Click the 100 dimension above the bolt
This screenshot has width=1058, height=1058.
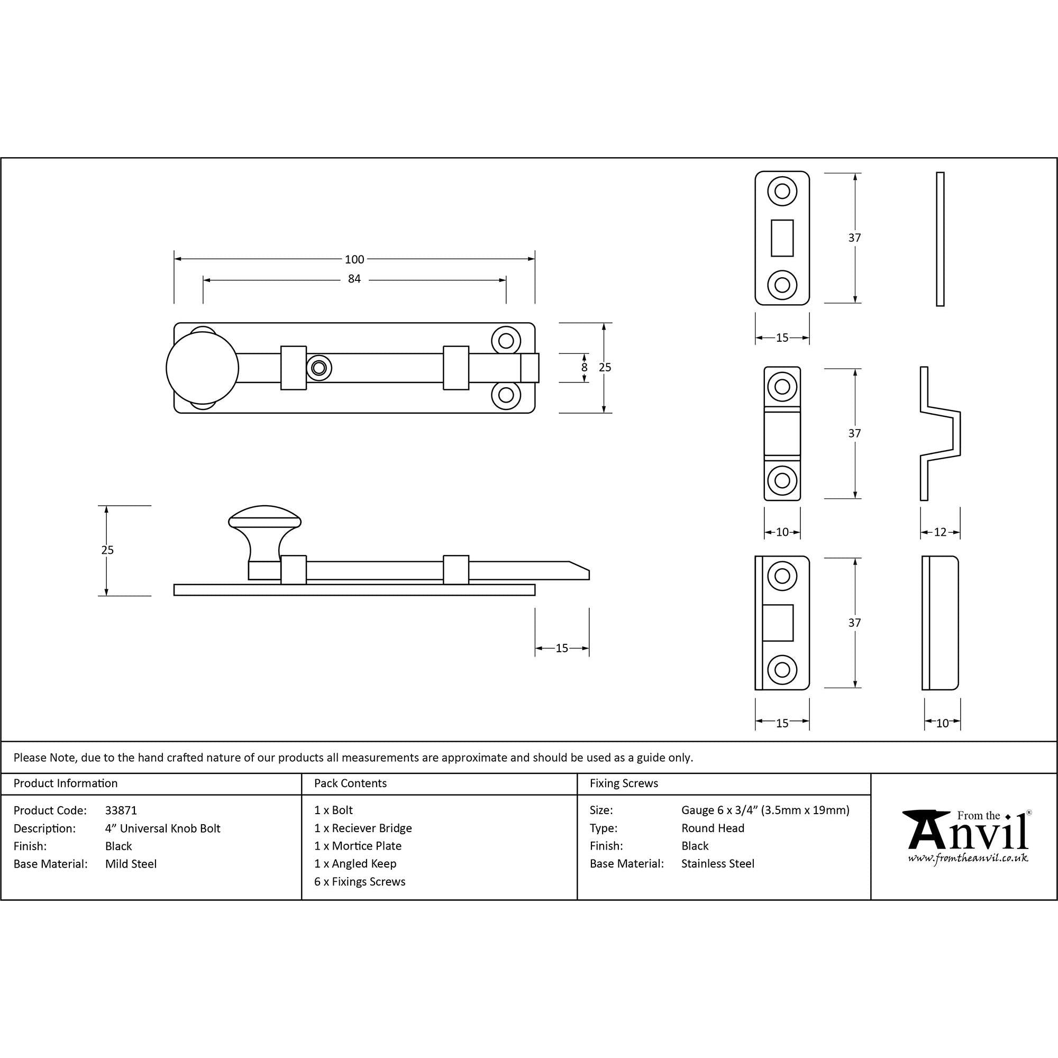coord(354,259)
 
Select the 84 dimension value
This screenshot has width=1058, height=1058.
coord(354,279)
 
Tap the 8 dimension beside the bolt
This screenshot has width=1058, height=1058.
coord(585,368)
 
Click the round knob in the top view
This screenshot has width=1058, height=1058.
coord(202,368)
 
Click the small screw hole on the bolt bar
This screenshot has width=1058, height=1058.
coord(318,368)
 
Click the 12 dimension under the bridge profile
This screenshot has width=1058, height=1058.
coord(940,532)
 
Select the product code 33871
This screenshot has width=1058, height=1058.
coord(121,810)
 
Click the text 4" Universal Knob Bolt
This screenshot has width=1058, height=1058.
coord(162,828)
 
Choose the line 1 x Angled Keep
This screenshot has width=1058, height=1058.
coord(355,864)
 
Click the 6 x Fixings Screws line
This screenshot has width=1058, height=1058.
coord(359,882)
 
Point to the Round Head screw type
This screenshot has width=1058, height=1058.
coord(713,828)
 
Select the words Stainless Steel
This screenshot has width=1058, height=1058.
coord(717,864)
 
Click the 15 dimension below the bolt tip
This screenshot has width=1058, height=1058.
coord(562,649)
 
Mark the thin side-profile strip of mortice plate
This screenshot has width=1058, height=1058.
coord(940,239)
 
